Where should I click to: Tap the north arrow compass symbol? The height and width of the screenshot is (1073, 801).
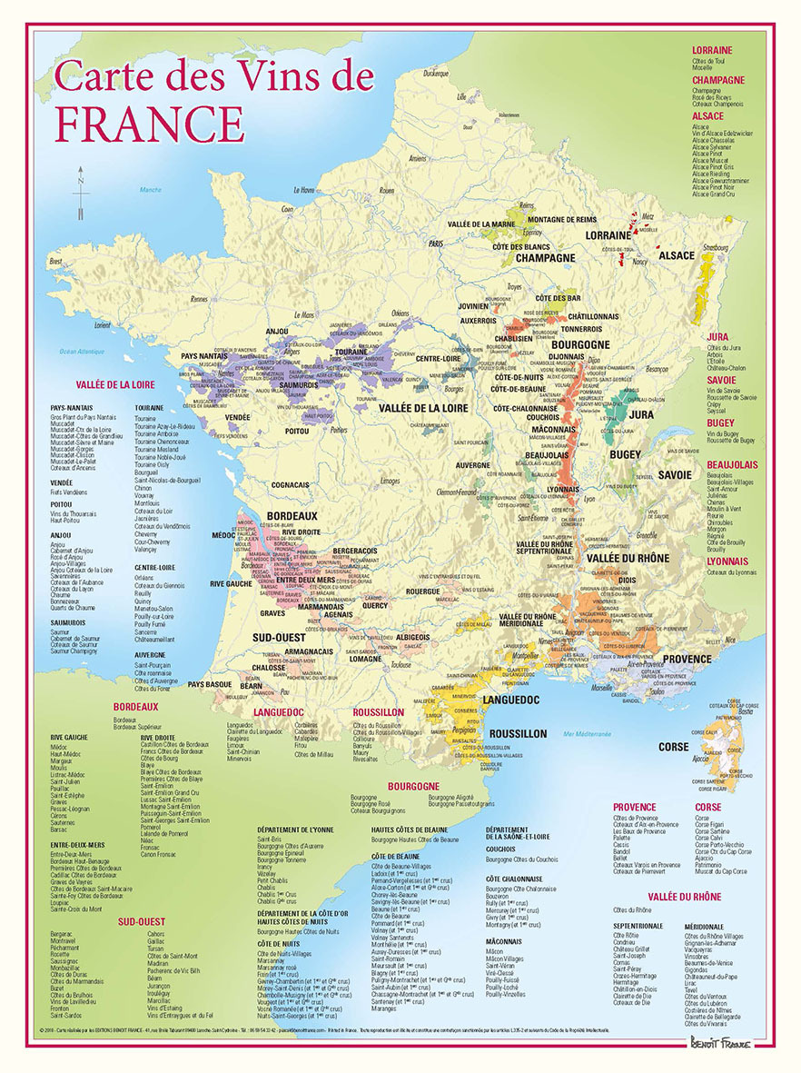81,193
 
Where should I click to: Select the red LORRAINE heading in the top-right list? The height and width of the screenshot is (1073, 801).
712,50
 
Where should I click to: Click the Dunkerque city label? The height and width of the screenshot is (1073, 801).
435,73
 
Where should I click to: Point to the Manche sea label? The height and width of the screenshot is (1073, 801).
149,189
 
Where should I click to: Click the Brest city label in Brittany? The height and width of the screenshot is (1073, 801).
56,261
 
